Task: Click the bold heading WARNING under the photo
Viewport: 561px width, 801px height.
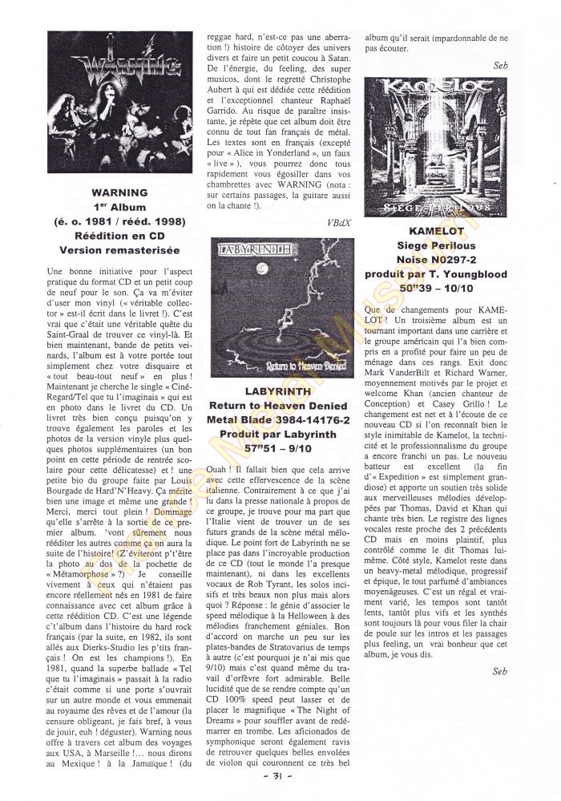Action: [119, 193]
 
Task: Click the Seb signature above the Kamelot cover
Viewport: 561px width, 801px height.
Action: [501, 65]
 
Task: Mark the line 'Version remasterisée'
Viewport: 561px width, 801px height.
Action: [119, 251]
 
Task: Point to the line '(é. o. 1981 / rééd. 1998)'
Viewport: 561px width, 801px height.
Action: [119, 222]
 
